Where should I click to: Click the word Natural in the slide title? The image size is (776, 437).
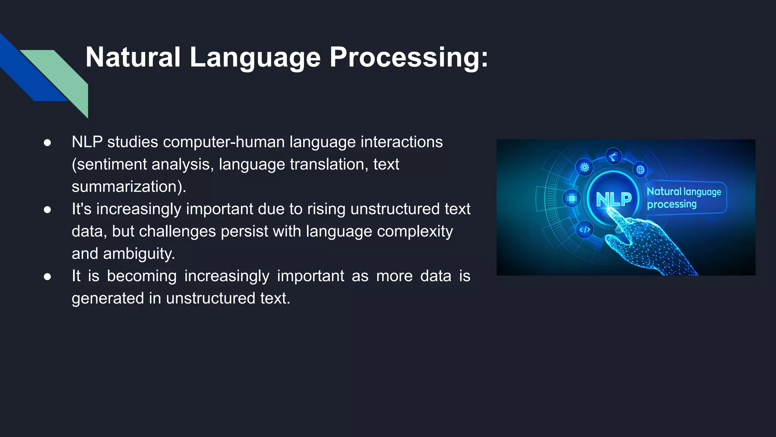click(x=133, y=57)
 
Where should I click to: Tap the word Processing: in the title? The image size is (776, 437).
click(x=408, y=57)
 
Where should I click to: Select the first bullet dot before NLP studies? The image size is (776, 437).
click(x=47, y=143)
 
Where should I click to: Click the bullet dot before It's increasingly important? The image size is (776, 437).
click(x=47, y=210)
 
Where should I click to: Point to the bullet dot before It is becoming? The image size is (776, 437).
click(x=47, y=277)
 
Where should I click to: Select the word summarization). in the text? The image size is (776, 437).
click(x=129, y=187)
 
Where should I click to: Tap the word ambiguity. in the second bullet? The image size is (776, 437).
click(x=139, y=254)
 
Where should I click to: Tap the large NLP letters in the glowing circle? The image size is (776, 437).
click(x=613, y=199)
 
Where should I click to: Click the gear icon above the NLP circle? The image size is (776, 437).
click(x=585, y=167)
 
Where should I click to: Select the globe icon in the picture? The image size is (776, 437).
click(x=640, y=170)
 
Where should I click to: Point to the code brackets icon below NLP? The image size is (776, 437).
click(x=585, y=230)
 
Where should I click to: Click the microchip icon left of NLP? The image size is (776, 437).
click(x=572, y=198)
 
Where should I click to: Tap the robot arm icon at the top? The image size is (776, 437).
click(x=613, y=156)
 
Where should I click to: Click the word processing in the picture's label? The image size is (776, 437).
click(x=671, y=204)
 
